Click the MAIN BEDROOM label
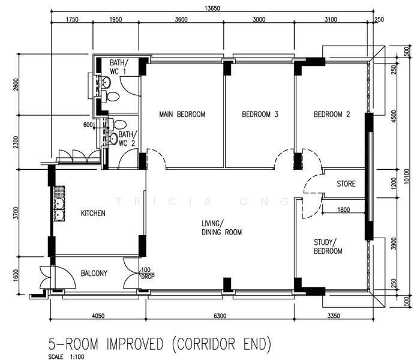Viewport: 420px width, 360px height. coord(182,115)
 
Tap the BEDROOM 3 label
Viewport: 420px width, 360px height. coord(260,115)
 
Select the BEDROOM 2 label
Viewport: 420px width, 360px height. coord(332,115)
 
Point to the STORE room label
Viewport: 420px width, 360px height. coord(346,184)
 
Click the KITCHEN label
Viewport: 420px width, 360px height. coord(93,213)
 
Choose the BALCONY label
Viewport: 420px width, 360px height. coord(94,273)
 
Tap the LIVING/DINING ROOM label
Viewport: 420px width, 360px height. coord(222,228)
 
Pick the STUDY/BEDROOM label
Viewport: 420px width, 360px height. coord(328,247)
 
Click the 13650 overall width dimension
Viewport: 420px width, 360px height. coord(212,8)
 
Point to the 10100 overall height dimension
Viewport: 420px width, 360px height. coord(407,176)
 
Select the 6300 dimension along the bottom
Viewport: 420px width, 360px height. coord(220,316)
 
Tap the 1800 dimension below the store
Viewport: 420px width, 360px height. coord(343,209)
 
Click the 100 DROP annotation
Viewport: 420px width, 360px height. coord(148,274)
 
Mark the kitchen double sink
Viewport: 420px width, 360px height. coord(59,203)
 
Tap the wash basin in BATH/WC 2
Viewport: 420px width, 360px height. coord(112,139)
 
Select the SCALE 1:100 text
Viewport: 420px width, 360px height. coord(66,356)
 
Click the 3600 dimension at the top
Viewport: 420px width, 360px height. coord(181,20)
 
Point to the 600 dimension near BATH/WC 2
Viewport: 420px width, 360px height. coord(88,125)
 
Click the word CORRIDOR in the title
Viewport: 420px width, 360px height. coord(206,344)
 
